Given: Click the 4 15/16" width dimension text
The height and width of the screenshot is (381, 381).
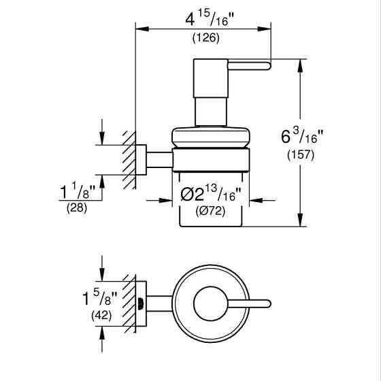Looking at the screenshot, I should click(204, 20).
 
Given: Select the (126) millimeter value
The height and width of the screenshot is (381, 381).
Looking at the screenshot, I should click(205, 38).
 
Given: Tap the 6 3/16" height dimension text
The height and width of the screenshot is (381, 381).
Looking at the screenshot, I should click(303, 137).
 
